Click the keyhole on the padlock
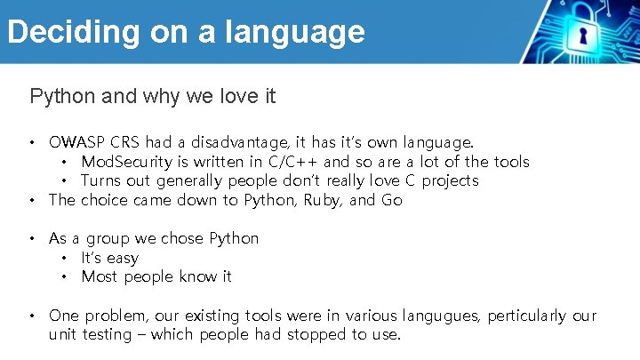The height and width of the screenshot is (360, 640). [x=583, y=37]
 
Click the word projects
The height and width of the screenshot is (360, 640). [x=450, y=181]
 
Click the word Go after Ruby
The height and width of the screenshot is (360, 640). [x=392, y=200]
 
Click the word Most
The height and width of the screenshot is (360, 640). [x=100, y=277]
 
